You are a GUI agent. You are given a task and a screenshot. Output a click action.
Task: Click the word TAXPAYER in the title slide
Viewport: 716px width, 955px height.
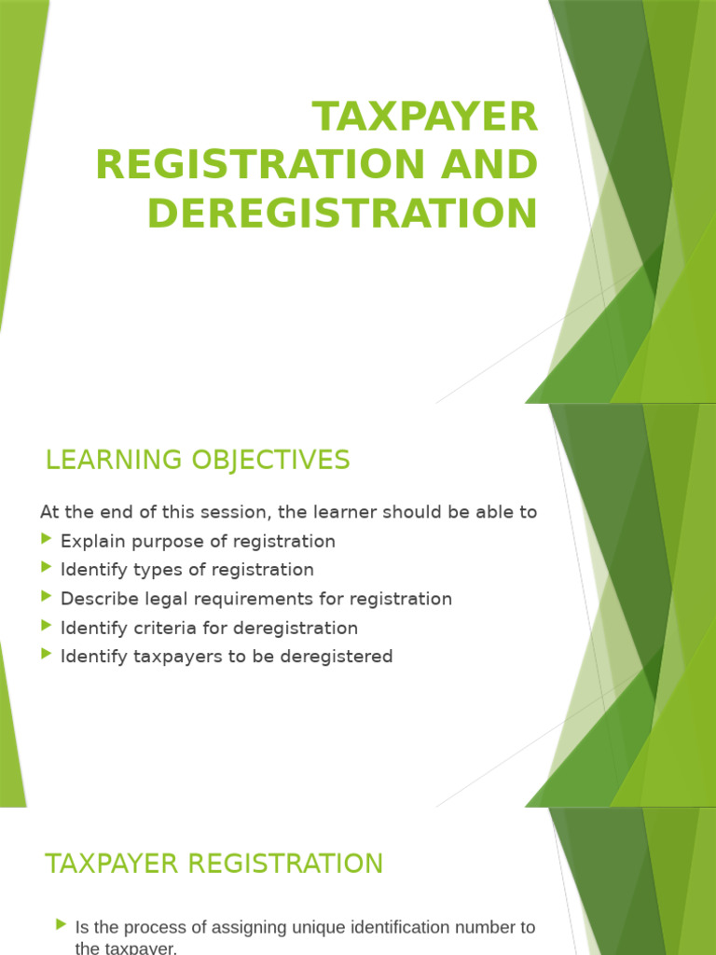pos(425,118)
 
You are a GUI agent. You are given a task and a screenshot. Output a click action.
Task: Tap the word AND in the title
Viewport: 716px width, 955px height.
pos(489,165)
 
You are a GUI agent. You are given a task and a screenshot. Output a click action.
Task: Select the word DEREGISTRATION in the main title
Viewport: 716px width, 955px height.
pos(342,213)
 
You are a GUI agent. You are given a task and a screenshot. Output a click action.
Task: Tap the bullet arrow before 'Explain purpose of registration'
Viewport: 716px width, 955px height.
pos(48,540)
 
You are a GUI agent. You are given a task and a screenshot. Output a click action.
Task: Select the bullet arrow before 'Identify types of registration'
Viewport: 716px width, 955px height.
pos(48,568)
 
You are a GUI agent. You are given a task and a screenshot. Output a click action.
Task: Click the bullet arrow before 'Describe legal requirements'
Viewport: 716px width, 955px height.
pos(48,597)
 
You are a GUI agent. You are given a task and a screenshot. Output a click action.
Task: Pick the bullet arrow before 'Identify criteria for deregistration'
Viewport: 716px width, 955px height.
pos(48,627)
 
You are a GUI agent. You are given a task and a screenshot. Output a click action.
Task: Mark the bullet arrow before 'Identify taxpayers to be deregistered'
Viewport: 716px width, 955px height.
pos(48,655)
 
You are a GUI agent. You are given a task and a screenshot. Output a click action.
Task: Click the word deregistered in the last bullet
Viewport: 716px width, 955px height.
pos(339,657)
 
